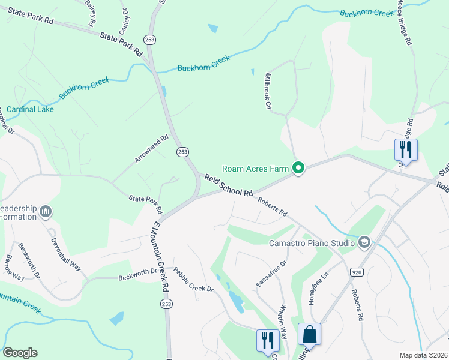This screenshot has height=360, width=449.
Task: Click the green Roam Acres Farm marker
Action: [x=297, y=168]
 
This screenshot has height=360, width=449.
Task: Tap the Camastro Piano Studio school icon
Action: [x=363, y=242]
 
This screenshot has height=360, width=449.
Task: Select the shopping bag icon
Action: [x=309, y=334]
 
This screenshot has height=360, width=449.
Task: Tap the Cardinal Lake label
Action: [x=27, y=109]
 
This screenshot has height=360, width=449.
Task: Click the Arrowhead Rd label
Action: [x=151, y=149]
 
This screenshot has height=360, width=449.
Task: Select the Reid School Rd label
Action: [x=228, y=185]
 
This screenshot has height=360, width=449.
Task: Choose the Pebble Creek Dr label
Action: [x=193, y=280]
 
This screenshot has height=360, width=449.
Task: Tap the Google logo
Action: [x=20, y=353]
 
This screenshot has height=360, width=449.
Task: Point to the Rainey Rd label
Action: [x=91, y=12]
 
